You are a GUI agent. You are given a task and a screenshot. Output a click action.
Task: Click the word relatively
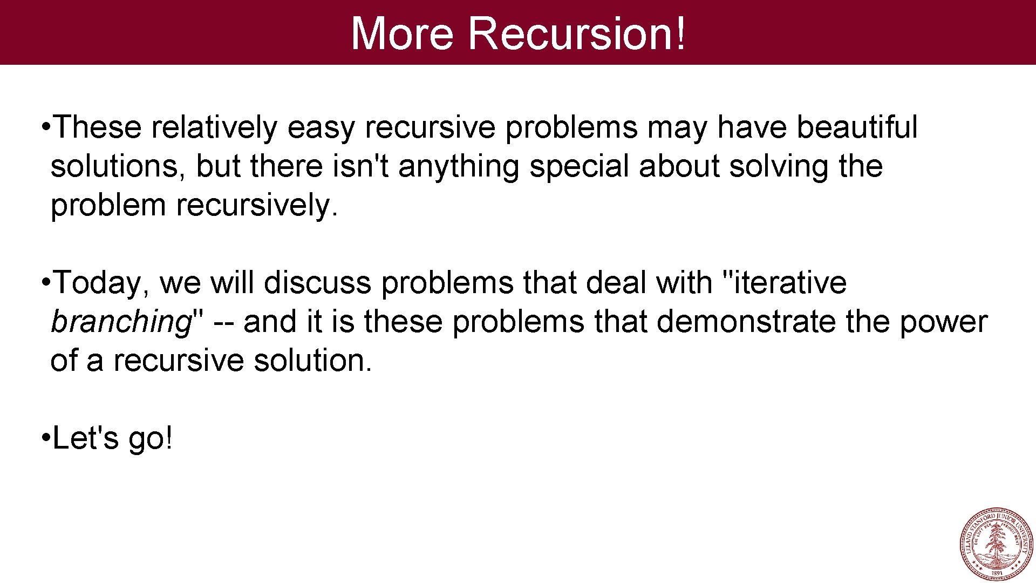tap(214, 127)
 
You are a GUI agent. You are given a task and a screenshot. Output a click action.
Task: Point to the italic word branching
tap(121, 322)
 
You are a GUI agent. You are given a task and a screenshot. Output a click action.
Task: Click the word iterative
tap(790, 283)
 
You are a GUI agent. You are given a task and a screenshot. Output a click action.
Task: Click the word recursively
tap(256, 206)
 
